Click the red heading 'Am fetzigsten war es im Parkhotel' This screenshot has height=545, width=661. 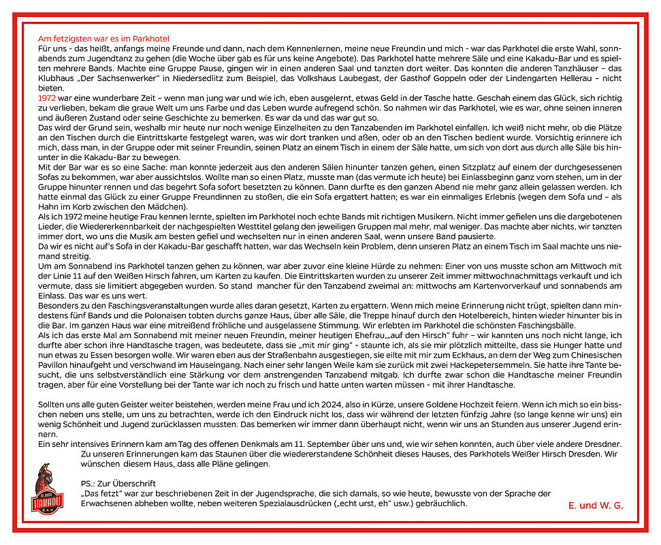(103, 39)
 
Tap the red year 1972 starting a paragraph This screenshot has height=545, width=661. (48, 98)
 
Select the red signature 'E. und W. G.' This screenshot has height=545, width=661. (595, 505)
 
